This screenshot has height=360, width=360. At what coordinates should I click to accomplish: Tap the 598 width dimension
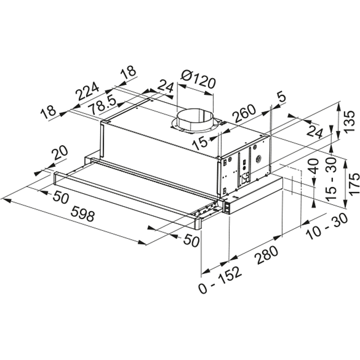coord(82,213)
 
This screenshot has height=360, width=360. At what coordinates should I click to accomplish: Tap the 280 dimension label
coord(267,255)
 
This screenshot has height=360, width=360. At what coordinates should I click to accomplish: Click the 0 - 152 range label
coord(220,280)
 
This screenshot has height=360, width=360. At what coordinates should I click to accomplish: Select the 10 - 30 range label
coord(327,226)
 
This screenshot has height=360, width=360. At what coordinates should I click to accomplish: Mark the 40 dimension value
coord(314,166)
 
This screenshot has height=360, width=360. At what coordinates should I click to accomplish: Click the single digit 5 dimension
coord(282,97)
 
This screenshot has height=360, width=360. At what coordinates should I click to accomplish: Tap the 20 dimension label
coord(60,153)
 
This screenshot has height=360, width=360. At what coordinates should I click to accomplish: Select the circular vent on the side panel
coord(259,159)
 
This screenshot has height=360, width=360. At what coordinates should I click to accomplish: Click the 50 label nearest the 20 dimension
coord(61,197)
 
